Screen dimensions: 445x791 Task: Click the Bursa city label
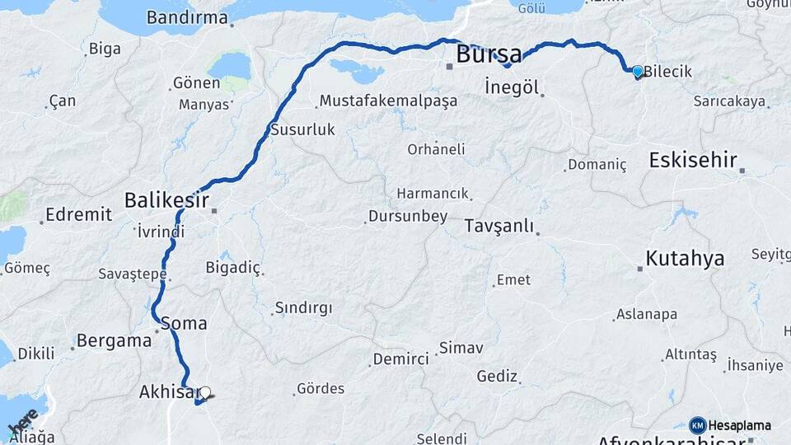pos(489,55)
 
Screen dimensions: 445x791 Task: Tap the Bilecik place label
pos(667,72)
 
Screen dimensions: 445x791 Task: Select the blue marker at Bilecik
pos(637,72)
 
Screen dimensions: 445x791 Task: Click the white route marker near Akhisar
pos(205,393)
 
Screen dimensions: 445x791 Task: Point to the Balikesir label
pos(165,199)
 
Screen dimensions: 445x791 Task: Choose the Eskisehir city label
pos(692,160)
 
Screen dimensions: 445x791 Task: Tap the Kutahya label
pos(685,258)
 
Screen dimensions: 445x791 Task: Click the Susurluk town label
pos(303,129)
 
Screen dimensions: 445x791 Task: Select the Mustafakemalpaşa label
pos(388,101)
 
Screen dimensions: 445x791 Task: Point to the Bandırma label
pos(186,16)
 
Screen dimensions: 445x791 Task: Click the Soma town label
pos(184,323)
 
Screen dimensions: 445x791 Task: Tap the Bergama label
pos(114,340)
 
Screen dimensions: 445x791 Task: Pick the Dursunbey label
pos(409,217)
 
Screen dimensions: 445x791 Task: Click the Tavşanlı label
pos(499,226)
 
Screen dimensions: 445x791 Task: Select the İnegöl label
pos(511,87)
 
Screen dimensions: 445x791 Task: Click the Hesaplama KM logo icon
pos(697,425)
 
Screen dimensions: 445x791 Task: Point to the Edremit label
pos(78,214)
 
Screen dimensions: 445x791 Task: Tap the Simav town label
pos(461,348)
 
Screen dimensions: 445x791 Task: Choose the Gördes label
pos(321,388)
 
